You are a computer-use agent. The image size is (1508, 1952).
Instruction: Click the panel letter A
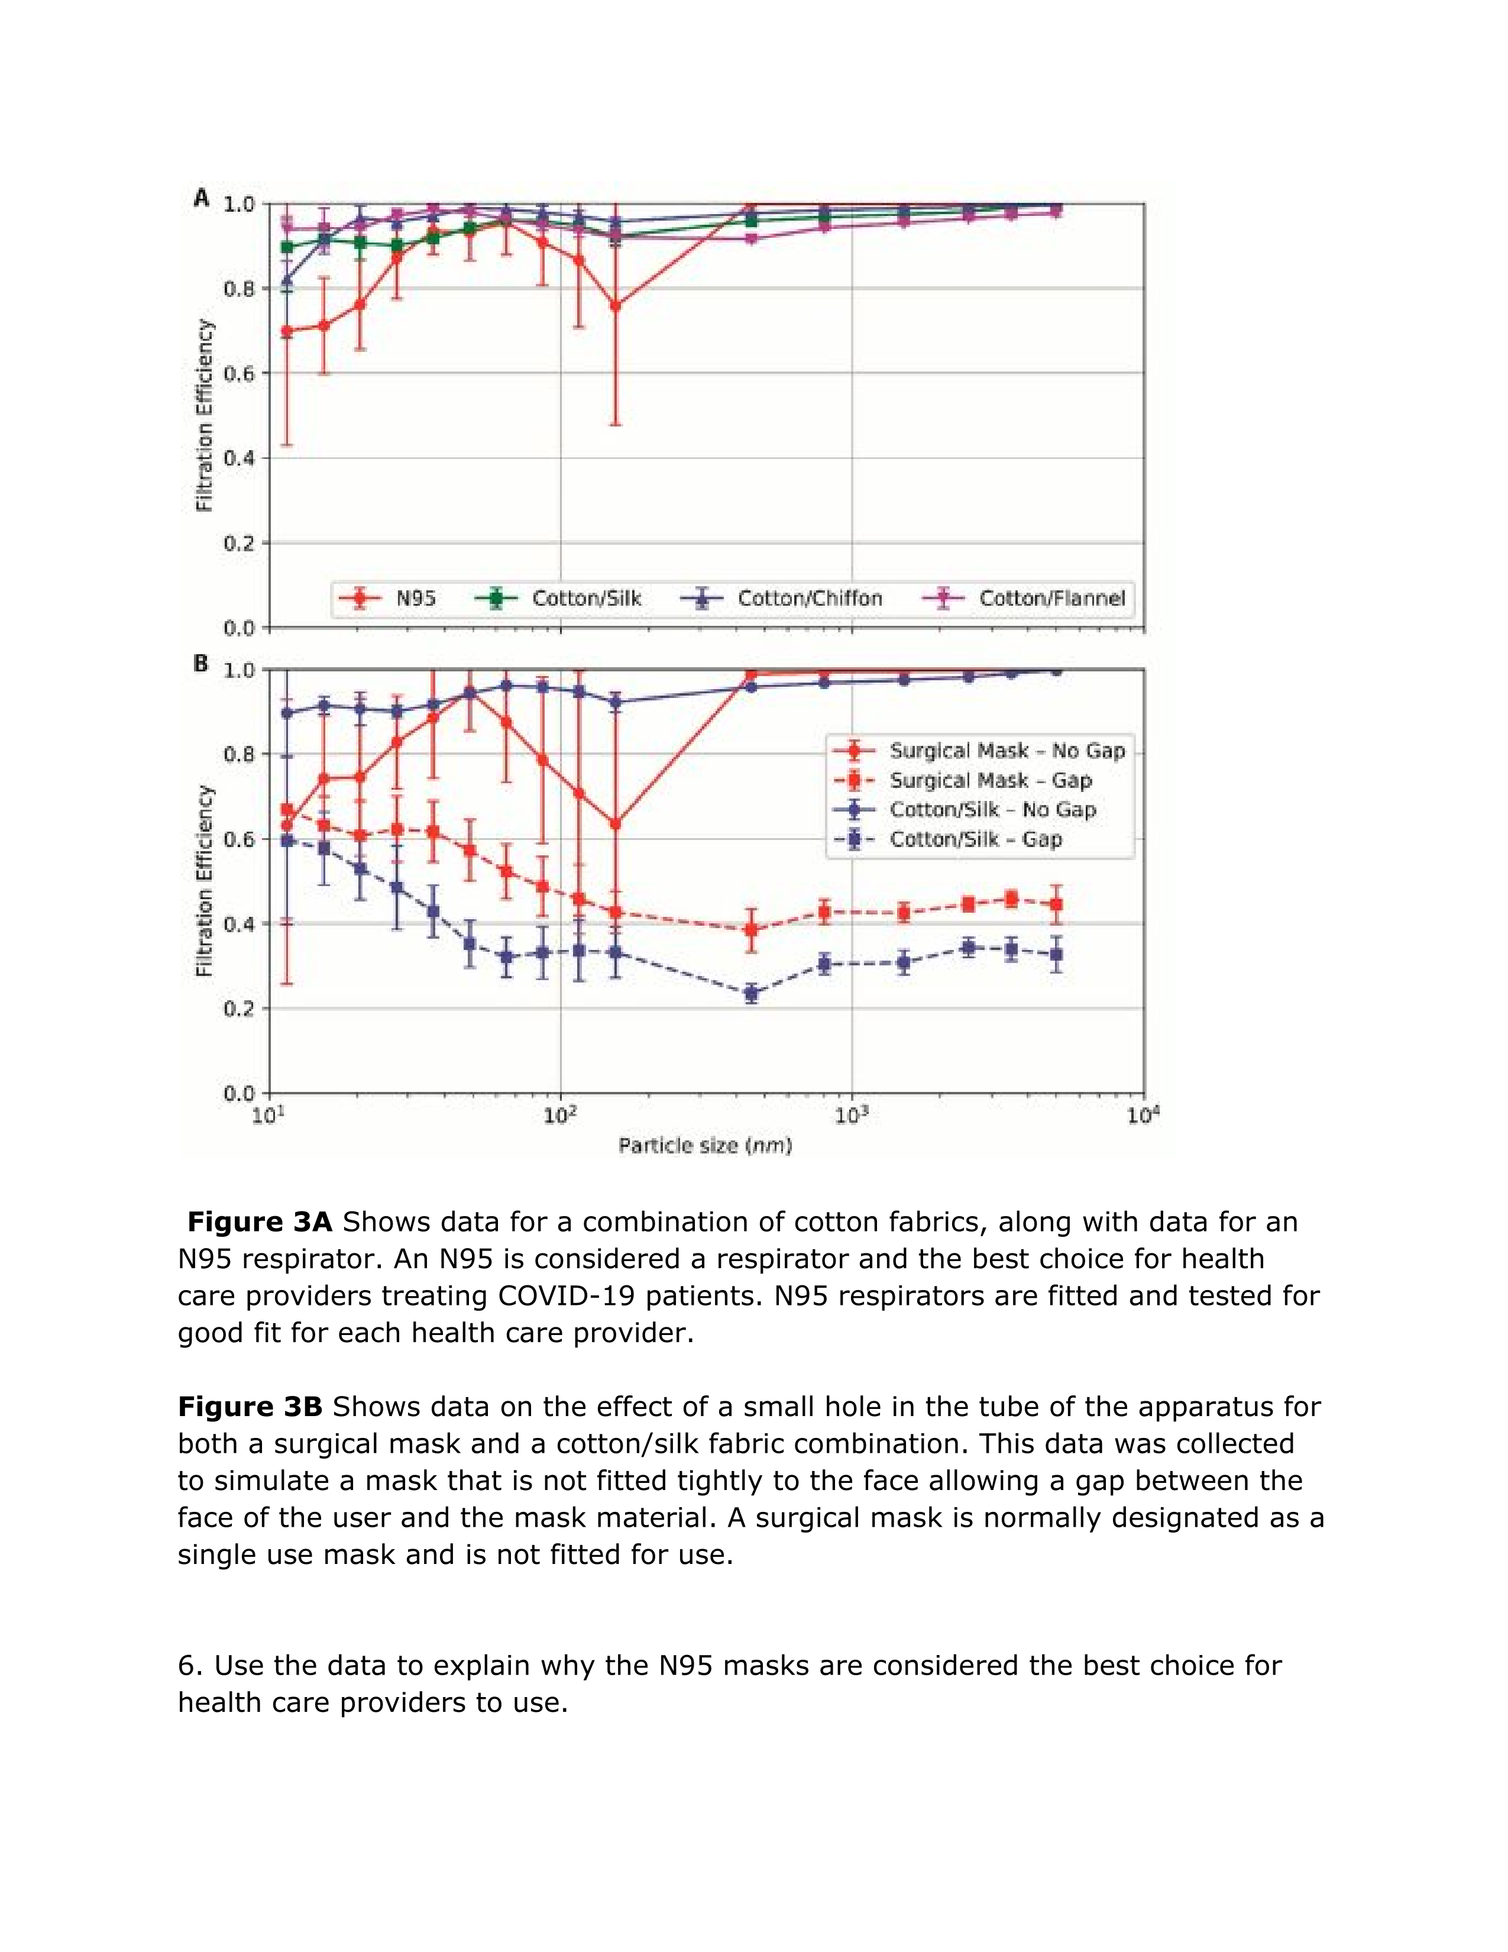[x=202, y=198]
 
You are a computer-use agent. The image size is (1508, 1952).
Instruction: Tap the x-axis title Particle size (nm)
[x=705, y=1145]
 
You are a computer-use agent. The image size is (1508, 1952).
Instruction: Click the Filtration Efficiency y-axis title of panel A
[x=205, y=416]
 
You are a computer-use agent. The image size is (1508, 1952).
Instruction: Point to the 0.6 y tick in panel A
[x=238, y=374]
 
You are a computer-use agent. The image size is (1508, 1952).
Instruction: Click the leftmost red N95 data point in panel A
[x=287, y=331]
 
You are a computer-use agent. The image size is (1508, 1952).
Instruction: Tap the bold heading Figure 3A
[x=259, y=1222]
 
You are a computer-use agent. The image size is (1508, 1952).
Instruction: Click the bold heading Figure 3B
[x=250, y=1407]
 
